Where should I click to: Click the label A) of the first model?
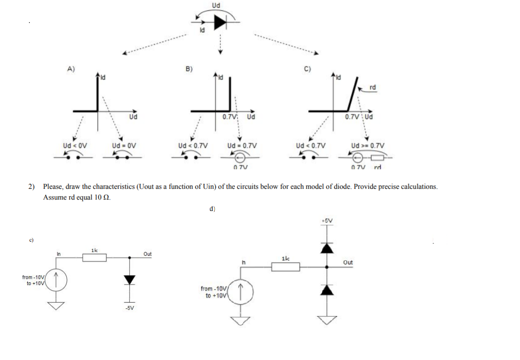point(71,69)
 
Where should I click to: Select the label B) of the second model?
point(188,69)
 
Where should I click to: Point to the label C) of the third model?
point(308,69)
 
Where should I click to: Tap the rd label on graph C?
point(373,88)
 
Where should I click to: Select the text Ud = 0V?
point(123,145)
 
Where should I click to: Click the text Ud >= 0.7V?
point(368,145)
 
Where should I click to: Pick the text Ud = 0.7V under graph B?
point(242,145)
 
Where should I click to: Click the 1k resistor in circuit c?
point(94,258)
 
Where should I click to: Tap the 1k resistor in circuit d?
point(286,267)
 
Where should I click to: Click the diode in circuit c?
point(129,279)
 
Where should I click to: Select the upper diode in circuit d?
point(327,248)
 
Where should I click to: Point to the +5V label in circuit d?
point(327,221)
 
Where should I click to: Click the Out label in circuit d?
point(348,263)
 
